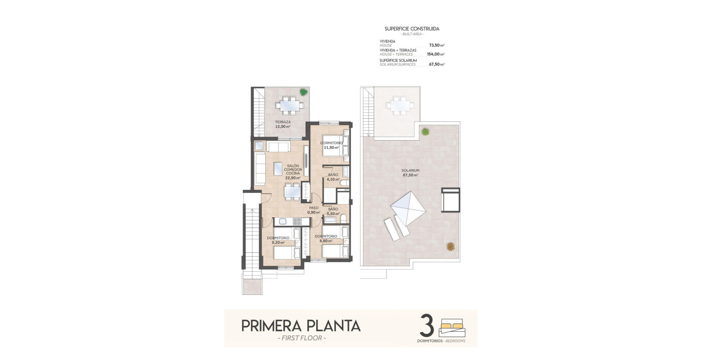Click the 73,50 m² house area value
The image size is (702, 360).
pos(436,45)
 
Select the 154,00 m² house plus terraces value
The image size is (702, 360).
pos(435,54)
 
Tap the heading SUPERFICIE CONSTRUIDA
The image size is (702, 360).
pos(412,29)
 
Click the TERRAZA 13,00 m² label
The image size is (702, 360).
pos(283,124)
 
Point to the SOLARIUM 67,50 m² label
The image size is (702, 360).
pos(411,173)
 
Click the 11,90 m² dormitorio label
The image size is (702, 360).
pos(331,145)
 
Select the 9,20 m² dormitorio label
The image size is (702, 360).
pos(278,240)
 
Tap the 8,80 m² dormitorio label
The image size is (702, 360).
pos(326,239)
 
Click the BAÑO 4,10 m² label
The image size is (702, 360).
pos(333,177)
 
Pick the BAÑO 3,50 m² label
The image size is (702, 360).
pos(333,211)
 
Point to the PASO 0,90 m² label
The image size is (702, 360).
pos(314,210)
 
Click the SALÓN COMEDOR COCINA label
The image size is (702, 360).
pos(293,171)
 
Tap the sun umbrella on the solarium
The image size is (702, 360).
pos(408,208)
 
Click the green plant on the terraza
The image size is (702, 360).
pos(303,92)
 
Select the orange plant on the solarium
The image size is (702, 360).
pos(450,246)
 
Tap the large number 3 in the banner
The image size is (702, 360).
pos(426,327)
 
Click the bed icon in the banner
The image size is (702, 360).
pos(452,327)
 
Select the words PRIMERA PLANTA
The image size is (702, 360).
pos(301,326)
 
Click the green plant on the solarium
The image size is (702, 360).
pos(425,132)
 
